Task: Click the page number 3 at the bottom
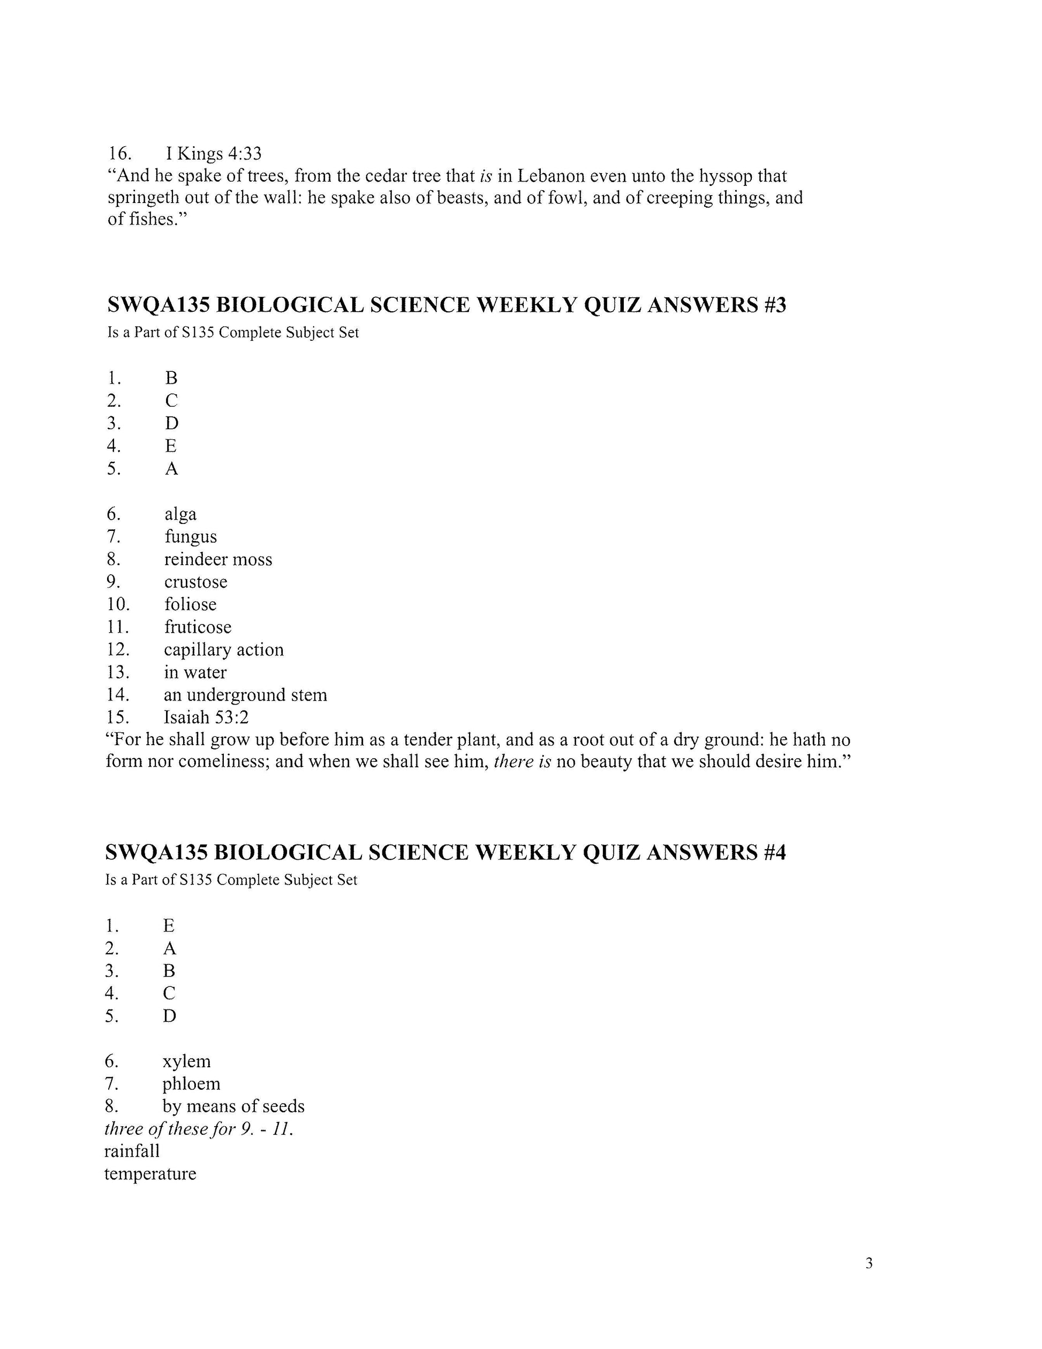869,1263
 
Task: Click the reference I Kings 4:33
214,153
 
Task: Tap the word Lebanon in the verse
550,176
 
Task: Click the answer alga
180,514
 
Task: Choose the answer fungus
190,537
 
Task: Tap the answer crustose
195,582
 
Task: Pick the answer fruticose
198,627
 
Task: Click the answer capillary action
223,649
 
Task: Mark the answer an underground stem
245,695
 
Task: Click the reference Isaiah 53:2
206,717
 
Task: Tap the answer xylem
186,1061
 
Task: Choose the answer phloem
191,1083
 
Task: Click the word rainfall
132,1151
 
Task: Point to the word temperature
150,1174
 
